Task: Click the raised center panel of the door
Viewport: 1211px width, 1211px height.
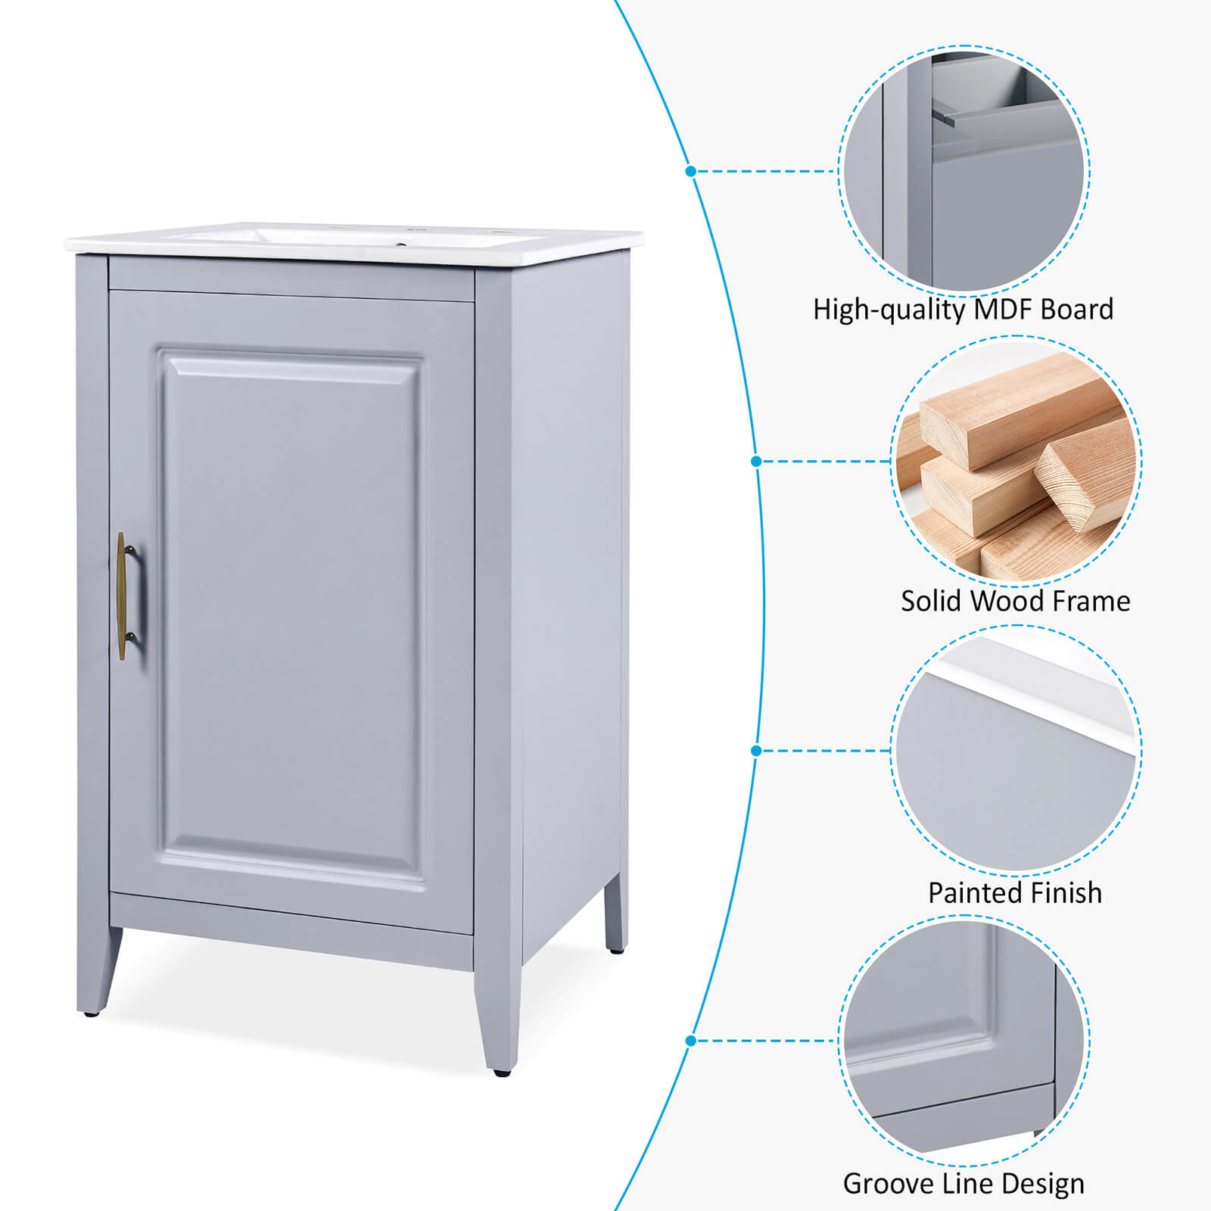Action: click(x=291, y=617)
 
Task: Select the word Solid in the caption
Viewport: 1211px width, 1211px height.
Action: click(x=932, y=601)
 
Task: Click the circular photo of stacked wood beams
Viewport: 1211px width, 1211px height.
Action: click(x=1016, y=461)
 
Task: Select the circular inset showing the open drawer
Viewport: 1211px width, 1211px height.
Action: click(x=964, y=171)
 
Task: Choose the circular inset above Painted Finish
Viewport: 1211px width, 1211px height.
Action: click(x=1016, y=751)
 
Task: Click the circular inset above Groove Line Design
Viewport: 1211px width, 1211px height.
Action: click(x=964, y=1041)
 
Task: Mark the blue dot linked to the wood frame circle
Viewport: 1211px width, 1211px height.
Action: click(x=756, y=461)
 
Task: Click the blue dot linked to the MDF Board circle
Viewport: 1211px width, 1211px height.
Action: click(x=690, y=171)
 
